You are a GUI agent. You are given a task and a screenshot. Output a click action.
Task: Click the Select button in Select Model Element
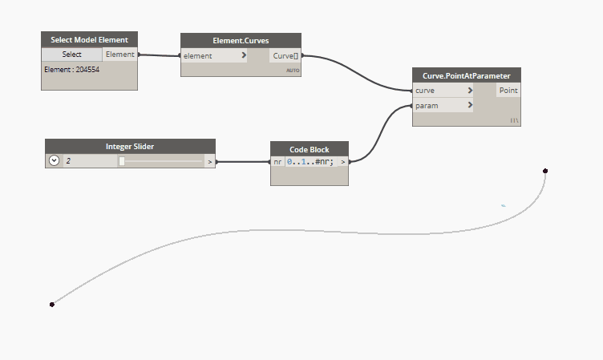click(71, 55)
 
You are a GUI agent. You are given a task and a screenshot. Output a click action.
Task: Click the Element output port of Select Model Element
click(120, 55)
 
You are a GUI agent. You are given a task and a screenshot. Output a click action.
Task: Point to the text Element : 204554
click(71, 70)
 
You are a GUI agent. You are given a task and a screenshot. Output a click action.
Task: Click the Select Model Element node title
click(89, 39)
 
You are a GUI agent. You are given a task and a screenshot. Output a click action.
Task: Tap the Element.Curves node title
click(241, 40)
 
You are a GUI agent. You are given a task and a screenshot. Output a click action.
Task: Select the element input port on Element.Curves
click(213, 56)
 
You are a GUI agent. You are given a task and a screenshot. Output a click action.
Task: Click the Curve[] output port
click(285, 56)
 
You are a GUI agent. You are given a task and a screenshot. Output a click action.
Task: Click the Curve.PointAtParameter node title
click(467, 75)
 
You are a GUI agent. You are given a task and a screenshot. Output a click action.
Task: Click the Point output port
click(508, 91)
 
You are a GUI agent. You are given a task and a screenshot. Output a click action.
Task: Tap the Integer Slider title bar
click(130, 146)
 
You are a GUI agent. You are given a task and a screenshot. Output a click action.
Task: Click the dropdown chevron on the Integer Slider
click(54, 160)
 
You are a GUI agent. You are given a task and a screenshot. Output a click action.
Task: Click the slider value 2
click(68, 161)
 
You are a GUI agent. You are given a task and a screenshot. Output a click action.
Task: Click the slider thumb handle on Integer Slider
click(122, 161)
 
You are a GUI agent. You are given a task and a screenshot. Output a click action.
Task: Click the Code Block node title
click(310, 149)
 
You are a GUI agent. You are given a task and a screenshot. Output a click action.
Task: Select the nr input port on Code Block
click(277, 162)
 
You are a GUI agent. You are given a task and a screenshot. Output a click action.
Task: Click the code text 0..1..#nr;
click(310, 162)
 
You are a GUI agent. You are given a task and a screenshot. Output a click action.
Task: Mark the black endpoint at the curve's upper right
click(545, 171)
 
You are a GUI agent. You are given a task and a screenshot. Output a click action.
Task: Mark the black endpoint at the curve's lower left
click(52, 304)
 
